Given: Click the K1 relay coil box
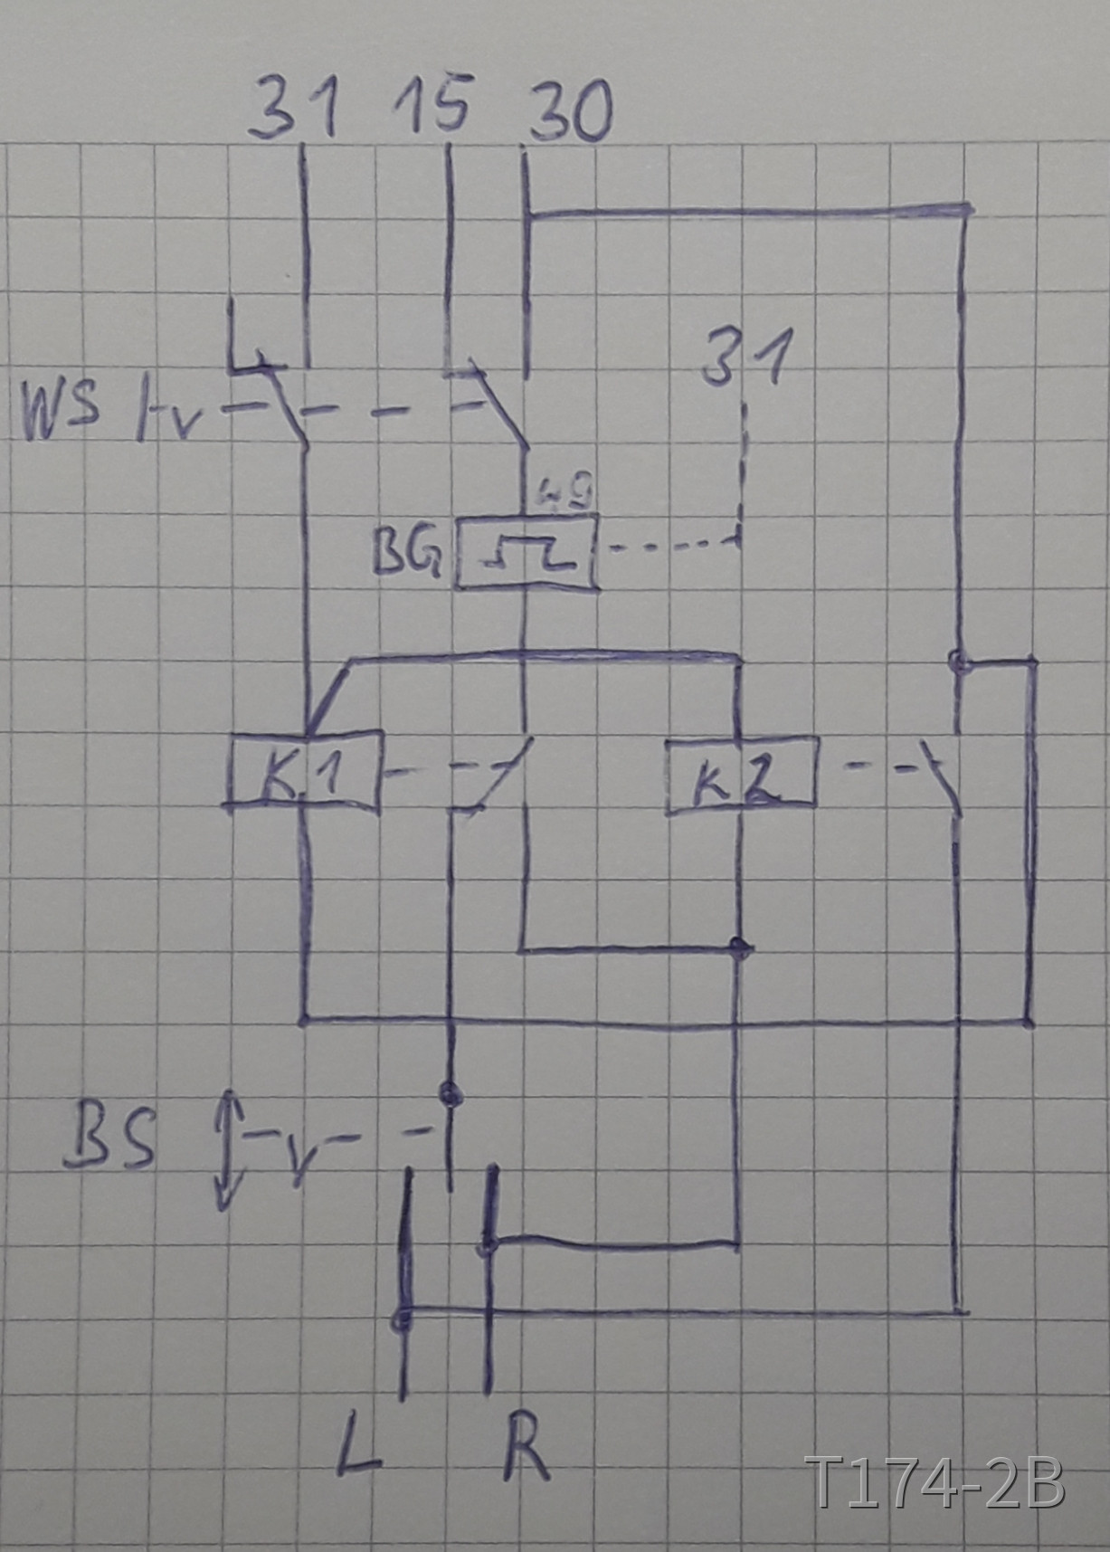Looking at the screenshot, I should [305, 770].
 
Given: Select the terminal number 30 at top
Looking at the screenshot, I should [571, 113].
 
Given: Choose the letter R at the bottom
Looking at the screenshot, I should [526, 1448].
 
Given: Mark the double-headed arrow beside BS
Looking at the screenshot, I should [227, 1149].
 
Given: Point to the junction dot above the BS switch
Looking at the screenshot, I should [449, 1093].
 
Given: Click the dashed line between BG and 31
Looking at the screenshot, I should [669, 546].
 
